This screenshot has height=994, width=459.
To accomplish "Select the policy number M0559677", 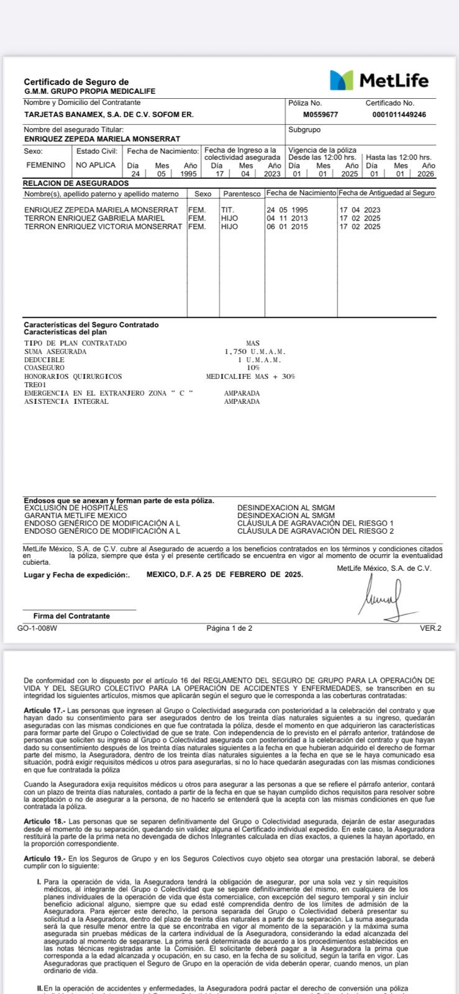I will (320, 115).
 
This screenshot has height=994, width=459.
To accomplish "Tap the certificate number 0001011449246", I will (399, 115).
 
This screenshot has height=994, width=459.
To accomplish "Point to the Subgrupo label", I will (304, 130).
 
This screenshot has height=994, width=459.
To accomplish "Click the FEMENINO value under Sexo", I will (45, 165).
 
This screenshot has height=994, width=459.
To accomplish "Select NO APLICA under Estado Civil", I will (96, 165).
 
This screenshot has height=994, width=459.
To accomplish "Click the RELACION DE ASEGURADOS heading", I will (76, 183).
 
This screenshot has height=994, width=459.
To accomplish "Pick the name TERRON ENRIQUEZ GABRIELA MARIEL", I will (94, 218).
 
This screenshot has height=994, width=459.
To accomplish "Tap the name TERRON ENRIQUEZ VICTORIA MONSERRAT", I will (103, 227).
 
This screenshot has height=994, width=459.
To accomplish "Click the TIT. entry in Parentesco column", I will (227, 210).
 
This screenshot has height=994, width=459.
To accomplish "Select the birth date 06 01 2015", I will (287, 227).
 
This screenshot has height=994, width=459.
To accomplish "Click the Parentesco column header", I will (242, 194).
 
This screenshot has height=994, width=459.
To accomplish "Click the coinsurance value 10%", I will (253, 368).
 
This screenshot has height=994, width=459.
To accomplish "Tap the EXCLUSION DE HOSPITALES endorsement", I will (76, 508).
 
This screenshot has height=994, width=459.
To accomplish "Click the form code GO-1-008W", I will (37, 628).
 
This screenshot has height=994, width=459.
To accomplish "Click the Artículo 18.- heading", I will (44, 821).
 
